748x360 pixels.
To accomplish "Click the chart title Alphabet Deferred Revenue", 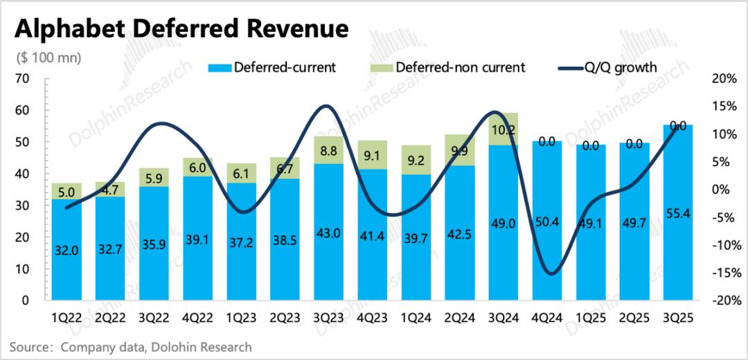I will coord(181,28).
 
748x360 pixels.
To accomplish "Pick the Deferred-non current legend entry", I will coord(450,67).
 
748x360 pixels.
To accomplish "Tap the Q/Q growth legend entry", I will coord(609,67).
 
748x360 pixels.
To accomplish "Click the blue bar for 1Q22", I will coord(66,249).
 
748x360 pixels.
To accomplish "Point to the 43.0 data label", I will coord(328,233).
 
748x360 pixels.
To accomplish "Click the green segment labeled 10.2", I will coord(504,129).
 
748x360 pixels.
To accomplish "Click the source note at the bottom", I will coord(131,346).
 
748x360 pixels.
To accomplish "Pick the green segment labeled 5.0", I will coord(66,191).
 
